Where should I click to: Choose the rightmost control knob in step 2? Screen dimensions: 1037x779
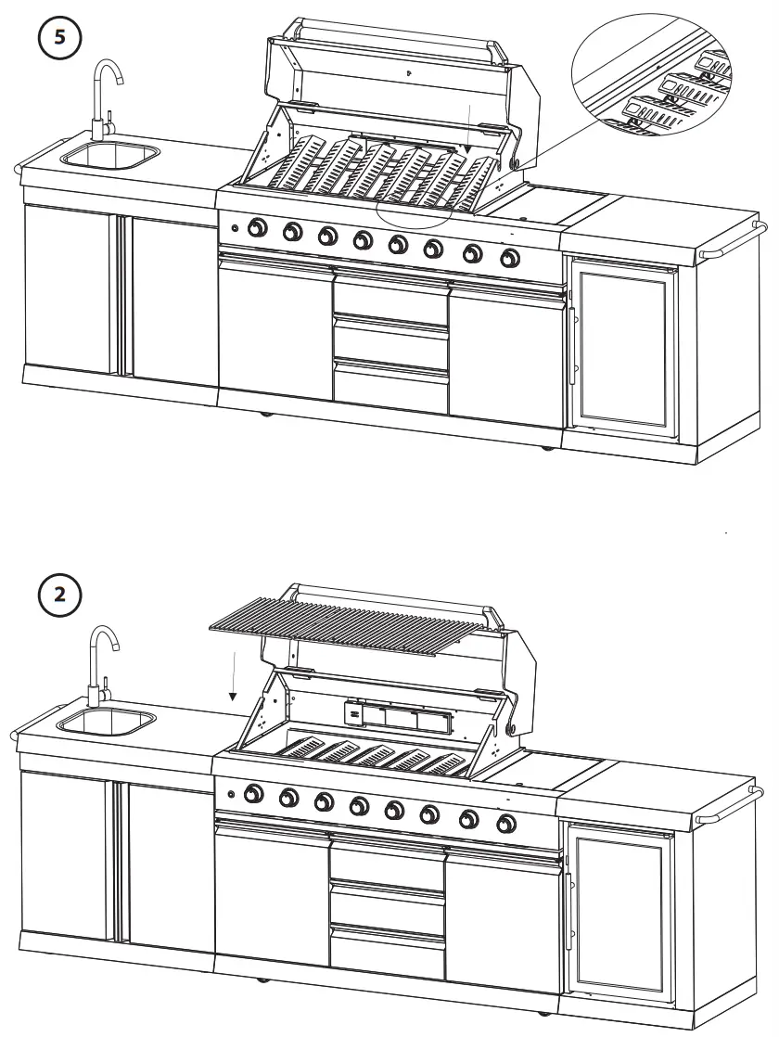click(x=506, y=821)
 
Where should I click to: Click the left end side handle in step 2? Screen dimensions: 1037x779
click(x=15, y=734)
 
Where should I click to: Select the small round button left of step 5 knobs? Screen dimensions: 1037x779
click(x=234, y=228)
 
